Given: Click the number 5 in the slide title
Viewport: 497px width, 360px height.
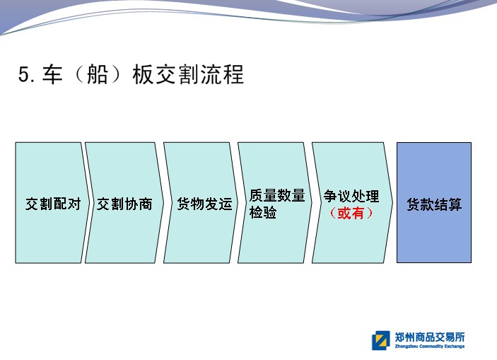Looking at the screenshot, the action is tap(24, 74).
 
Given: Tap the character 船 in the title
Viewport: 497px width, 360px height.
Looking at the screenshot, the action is tap(98, 74).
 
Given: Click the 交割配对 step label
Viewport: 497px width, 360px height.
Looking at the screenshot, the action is tap(53, 204).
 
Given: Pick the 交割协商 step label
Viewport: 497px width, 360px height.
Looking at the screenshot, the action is tap(124, 204).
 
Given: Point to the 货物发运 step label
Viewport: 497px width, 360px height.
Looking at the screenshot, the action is tap(204, 204).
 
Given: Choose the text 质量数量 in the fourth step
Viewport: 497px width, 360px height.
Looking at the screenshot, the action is tap(277, 195).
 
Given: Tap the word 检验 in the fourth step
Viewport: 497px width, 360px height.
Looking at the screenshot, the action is tap(263, 212).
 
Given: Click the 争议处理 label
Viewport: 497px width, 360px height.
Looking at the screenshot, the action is tap(351, 196).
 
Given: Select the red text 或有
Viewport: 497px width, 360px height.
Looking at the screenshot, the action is tap(351, 213).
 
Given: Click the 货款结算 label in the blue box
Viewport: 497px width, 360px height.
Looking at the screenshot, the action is tap(434, 204).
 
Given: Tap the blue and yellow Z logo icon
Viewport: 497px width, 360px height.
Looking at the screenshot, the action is tap(380, 340).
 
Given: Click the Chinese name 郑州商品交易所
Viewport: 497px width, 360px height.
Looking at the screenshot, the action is tap(430, 337).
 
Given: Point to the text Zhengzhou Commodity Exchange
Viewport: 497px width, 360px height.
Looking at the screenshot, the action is tap(430, 346).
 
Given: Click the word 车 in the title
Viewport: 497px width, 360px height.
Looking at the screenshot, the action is tap(52, 74).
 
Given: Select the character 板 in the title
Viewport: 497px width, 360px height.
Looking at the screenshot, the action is tap(143, 74).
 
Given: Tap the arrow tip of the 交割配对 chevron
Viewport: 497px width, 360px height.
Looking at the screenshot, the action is tap(90, 203).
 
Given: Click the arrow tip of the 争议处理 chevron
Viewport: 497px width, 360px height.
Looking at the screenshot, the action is tap(393, 203).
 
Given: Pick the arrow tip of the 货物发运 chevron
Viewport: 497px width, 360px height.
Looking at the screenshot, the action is tap(238, 203).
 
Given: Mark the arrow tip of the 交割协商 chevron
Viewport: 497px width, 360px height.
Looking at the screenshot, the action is tap(164, 203).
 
